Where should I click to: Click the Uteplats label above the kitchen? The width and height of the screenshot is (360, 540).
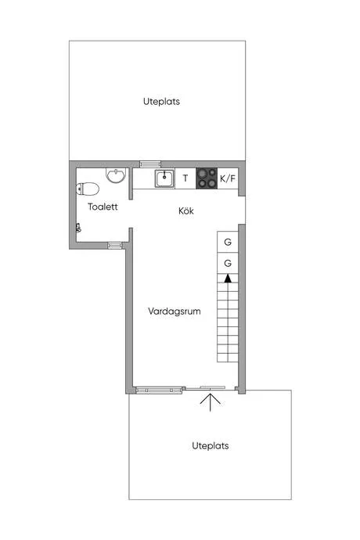click(x=161, y=102)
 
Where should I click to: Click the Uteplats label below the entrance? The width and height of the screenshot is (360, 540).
click(x=211, y=445)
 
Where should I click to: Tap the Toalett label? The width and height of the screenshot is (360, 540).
click(x=103, y=207)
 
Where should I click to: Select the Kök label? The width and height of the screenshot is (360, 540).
click(x=186, y=211)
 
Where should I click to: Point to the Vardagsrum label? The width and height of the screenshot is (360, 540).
click(x=175, y=311)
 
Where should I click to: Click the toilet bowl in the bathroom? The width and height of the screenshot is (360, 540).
click(x=88, y=189)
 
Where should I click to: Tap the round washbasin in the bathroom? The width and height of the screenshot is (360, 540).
click(x=116, y=175)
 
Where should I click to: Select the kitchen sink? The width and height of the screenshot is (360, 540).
click(x=164, y=178)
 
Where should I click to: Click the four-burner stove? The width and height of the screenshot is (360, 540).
click(x=207, y=178)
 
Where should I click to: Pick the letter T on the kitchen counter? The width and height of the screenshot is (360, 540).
click(x=185, y=178)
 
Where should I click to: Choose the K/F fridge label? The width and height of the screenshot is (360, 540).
click(x=228, y=178)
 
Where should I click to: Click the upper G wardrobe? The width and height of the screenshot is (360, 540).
click(x=228, y=242)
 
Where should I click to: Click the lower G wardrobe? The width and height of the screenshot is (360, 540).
click(x=228, y=263)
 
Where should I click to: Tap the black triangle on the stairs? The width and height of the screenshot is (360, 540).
click(x=228, y=279)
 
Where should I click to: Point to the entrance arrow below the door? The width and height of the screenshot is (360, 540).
click(x=211, y=402)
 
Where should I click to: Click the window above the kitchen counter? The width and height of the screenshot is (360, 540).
click(x=150, y=164)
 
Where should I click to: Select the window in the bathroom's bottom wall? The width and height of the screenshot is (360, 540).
click(x=115, y=245)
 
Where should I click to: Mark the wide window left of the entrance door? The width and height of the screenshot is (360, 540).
click(x=158, y=390)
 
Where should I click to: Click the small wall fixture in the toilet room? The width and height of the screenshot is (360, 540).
click(x=78, y=228)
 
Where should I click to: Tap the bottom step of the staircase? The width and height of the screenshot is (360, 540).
click(x=228, y=358)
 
